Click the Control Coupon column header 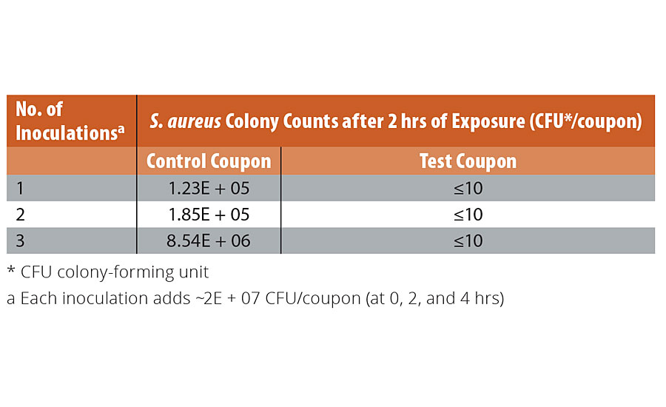point(209,161)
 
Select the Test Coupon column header point(468,161)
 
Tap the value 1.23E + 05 point(209,189)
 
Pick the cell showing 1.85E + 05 point(209,215)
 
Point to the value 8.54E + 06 point(209,242)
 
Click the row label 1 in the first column point(20,189)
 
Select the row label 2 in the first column point(21,215)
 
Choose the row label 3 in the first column point(21,242)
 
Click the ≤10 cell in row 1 point(468,189)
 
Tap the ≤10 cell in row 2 point(468,215)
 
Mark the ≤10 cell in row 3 point(468,242)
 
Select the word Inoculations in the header point(65,134)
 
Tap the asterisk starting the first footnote point(10,272)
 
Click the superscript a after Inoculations point(121,129)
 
